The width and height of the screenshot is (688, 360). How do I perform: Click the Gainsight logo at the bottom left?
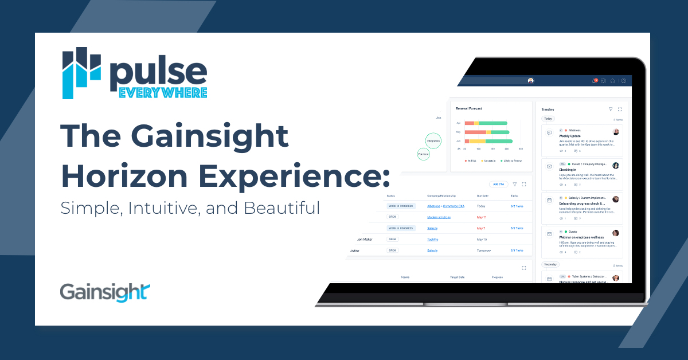click(x=105, y=291)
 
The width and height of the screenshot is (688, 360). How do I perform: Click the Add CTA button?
click(x=498, y=184)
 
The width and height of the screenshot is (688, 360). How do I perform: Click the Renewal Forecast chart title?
click(x=470, y=108)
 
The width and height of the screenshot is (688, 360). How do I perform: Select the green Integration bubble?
click(x=433, y=140)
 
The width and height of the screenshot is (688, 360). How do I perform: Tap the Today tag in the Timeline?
click(x=549, y=119)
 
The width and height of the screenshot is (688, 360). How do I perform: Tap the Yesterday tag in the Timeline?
click(x=550, y=264)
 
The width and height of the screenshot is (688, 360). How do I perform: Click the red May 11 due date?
click(x=482, y=217)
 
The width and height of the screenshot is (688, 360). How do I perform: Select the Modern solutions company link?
click(x=439, y=217)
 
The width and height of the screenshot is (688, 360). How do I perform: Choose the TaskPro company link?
click(x=433, y=239)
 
